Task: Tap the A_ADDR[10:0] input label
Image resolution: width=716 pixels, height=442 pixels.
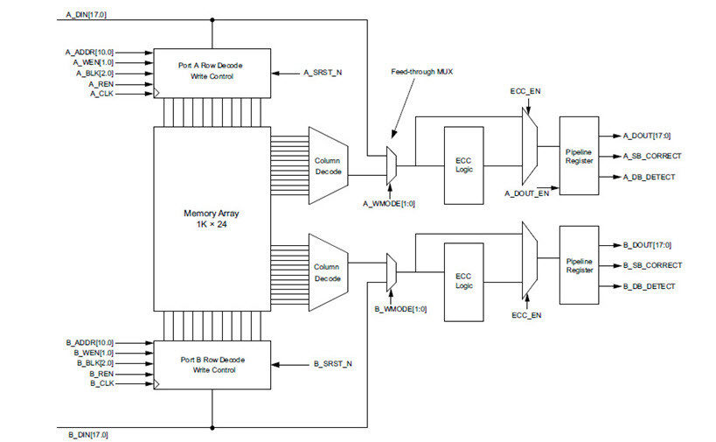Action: tap(89, 52)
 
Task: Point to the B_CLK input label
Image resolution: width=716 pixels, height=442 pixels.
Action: tap(101, 383)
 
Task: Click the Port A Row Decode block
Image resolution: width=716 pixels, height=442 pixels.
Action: tap(212, 70)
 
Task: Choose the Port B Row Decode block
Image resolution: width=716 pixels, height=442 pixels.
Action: tap(212, 364)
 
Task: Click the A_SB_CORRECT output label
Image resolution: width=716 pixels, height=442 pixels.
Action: tap(652, 156)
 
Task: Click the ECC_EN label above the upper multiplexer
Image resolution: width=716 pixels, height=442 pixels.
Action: tap(526, 90)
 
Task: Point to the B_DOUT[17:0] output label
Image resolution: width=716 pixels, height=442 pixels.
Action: tap(647, 245)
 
